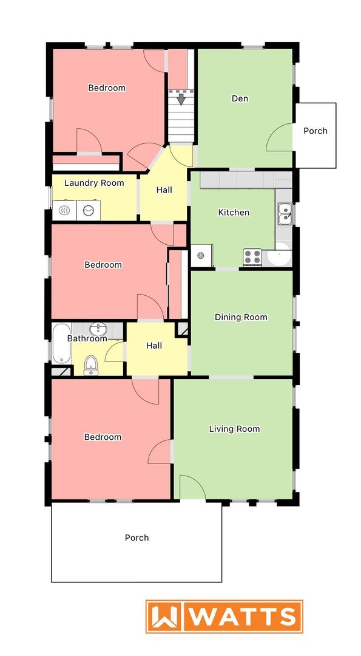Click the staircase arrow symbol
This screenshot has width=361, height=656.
point(181,98)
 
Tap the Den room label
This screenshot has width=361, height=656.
point(240,98)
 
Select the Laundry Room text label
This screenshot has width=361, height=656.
point(94,183)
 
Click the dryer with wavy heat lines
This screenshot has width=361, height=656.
point(64,210)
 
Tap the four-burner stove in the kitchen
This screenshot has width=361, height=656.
point(252,257)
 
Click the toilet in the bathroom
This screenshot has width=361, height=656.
point(91,364)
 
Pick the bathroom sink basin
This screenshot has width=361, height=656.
point(98,329)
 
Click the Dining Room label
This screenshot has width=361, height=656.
point(241,317)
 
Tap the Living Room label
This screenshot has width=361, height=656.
point(234,429)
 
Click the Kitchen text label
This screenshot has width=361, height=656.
point(234,213)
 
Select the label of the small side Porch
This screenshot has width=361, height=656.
point(315,131)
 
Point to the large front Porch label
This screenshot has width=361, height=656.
point(137,538)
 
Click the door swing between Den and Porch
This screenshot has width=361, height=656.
point(279,138)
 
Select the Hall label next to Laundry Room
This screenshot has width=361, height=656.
point(164,190)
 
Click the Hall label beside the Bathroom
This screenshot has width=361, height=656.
point(154,346)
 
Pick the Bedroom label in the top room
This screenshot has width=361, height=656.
point(107,88)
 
